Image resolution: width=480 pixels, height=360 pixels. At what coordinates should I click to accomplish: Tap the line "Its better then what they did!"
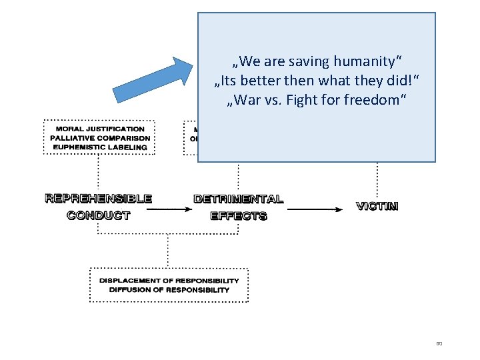[x=317, y=81]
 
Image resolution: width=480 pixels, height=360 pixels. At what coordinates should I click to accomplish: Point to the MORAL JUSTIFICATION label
[x=99, y=129]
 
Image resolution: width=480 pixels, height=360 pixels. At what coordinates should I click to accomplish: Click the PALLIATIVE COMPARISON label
[x=99, y=138]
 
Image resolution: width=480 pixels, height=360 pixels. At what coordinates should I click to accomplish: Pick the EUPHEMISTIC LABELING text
[x=99, y=147]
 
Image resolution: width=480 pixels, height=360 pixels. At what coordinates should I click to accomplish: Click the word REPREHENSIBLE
[x=99, y=198]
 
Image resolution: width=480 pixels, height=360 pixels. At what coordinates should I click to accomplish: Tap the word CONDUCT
[x=99, y=215]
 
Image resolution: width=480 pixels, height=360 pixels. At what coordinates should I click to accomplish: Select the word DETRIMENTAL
[x=238, y=199]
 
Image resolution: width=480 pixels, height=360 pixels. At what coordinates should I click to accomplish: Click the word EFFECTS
[x=238, y=215]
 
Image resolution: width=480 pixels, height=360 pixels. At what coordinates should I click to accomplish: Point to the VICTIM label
[x=377, y=206]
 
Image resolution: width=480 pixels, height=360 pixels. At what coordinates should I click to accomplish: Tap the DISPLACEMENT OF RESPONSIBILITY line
[x=169, y=280]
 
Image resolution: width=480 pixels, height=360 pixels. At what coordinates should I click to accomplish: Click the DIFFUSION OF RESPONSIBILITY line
[x=169, y=289]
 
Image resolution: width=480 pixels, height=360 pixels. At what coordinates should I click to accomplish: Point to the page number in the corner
[x=439, y=343]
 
